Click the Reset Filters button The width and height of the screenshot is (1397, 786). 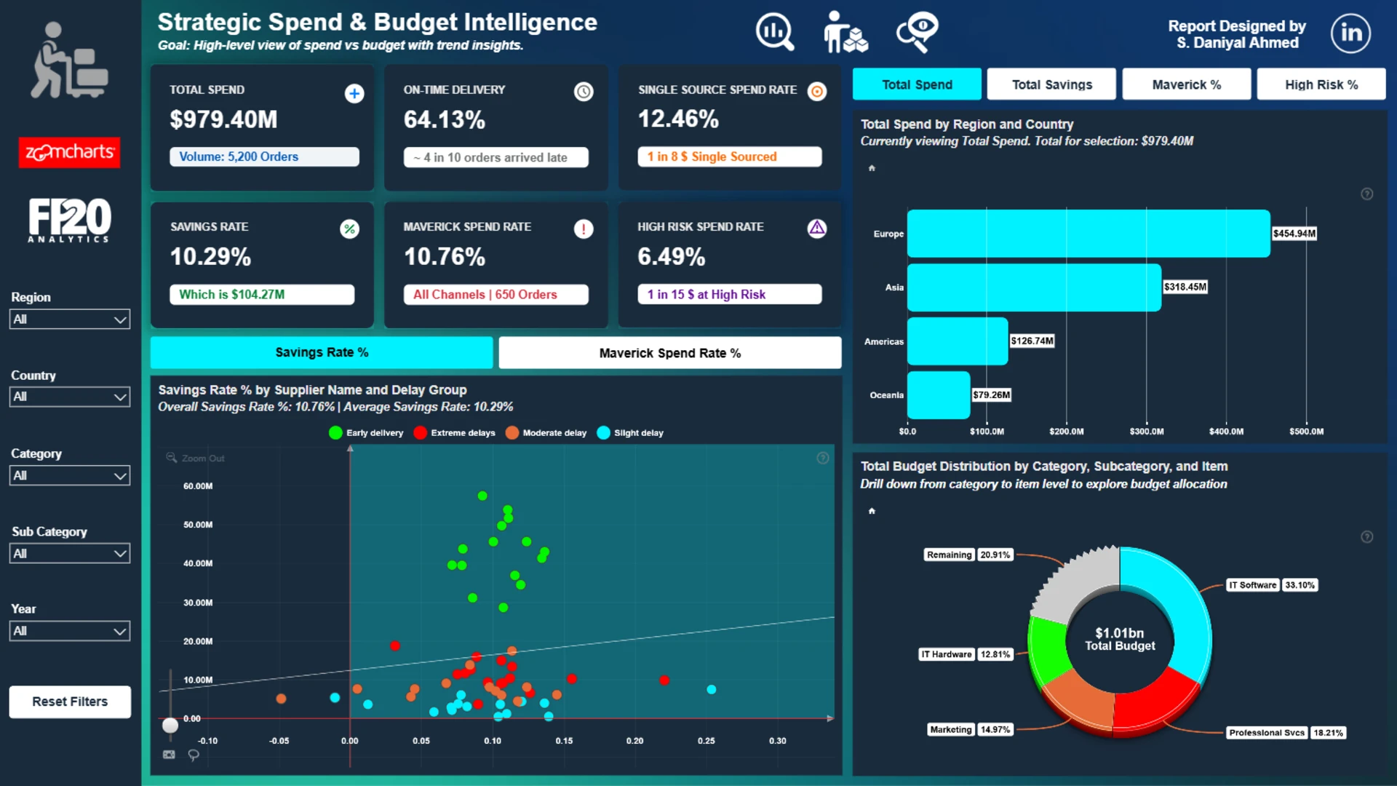pos(70,702)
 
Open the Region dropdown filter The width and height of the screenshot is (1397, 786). pos(70,319)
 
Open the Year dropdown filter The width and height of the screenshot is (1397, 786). pos(70,631)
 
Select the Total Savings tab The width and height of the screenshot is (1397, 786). pos(1051,84)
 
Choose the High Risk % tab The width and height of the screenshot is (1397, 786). pos(1321,84)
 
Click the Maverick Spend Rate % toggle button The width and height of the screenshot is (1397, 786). pos(670,353)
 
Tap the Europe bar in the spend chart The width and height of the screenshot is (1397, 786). pos(1088,234)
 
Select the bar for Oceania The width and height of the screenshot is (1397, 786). pos(939,395)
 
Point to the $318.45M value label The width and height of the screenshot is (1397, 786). pos(1185,287)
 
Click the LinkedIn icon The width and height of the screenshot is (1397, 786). pos(1350,33)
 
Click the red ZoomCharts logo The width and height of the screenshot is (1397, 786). pos(69,152)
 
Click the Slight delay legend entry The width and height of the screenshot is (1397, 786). pos(630,433)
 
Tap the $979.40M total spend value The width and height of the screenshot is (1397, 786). pos(223,119)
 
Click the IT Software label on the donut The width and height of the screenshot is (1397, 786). pos(1252,585)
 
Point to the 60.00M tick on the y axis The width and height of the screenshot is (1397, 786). pos(198,486)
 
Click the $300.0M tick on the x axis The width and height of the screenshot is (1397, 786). pos(1147,432)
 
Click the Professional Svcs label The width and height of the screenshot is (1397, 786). pos(1267,733)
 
